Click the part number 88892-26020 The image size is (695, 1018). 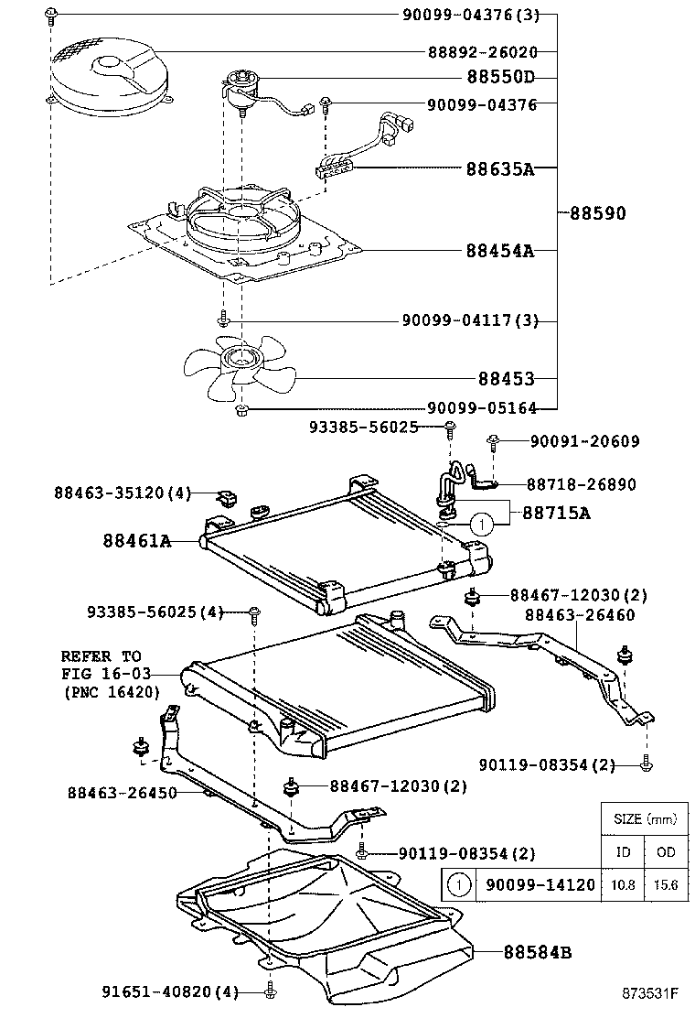pyautogui.click(x=482, y=53)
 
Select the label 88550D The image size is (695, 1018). pyautogui.click(x=499, y=78)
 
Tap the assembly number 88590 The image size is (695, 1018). pyautogui.click(x=597, y=213)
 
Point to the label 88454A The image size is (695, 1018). pyautogui.click(x=499, y=250)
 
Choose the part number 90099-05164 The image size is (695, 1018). pyautogui.click(x=482, y=409)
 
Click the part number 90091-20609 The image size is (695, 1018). pyautogui.click(x=584, y=441)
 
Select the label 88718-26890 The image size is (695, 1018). pyautogui.click(x=582, y=484)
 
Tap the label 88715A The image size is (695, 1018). pyautogui.click(x=556, y=514)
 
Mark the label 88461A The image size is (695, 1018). pyautogui.click(x=137, y=541)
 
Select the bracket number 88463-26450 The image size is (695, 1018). pyautogui.click(x=122, y=793)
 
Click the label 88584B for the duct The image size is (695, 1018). pyautogui.click(x=537, y=952)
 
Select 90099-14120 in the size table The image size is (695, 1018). pyautogui.click(x=540, y=885)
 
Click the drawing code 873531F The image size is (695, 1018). pyautogui.click(x=650, y=993)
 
